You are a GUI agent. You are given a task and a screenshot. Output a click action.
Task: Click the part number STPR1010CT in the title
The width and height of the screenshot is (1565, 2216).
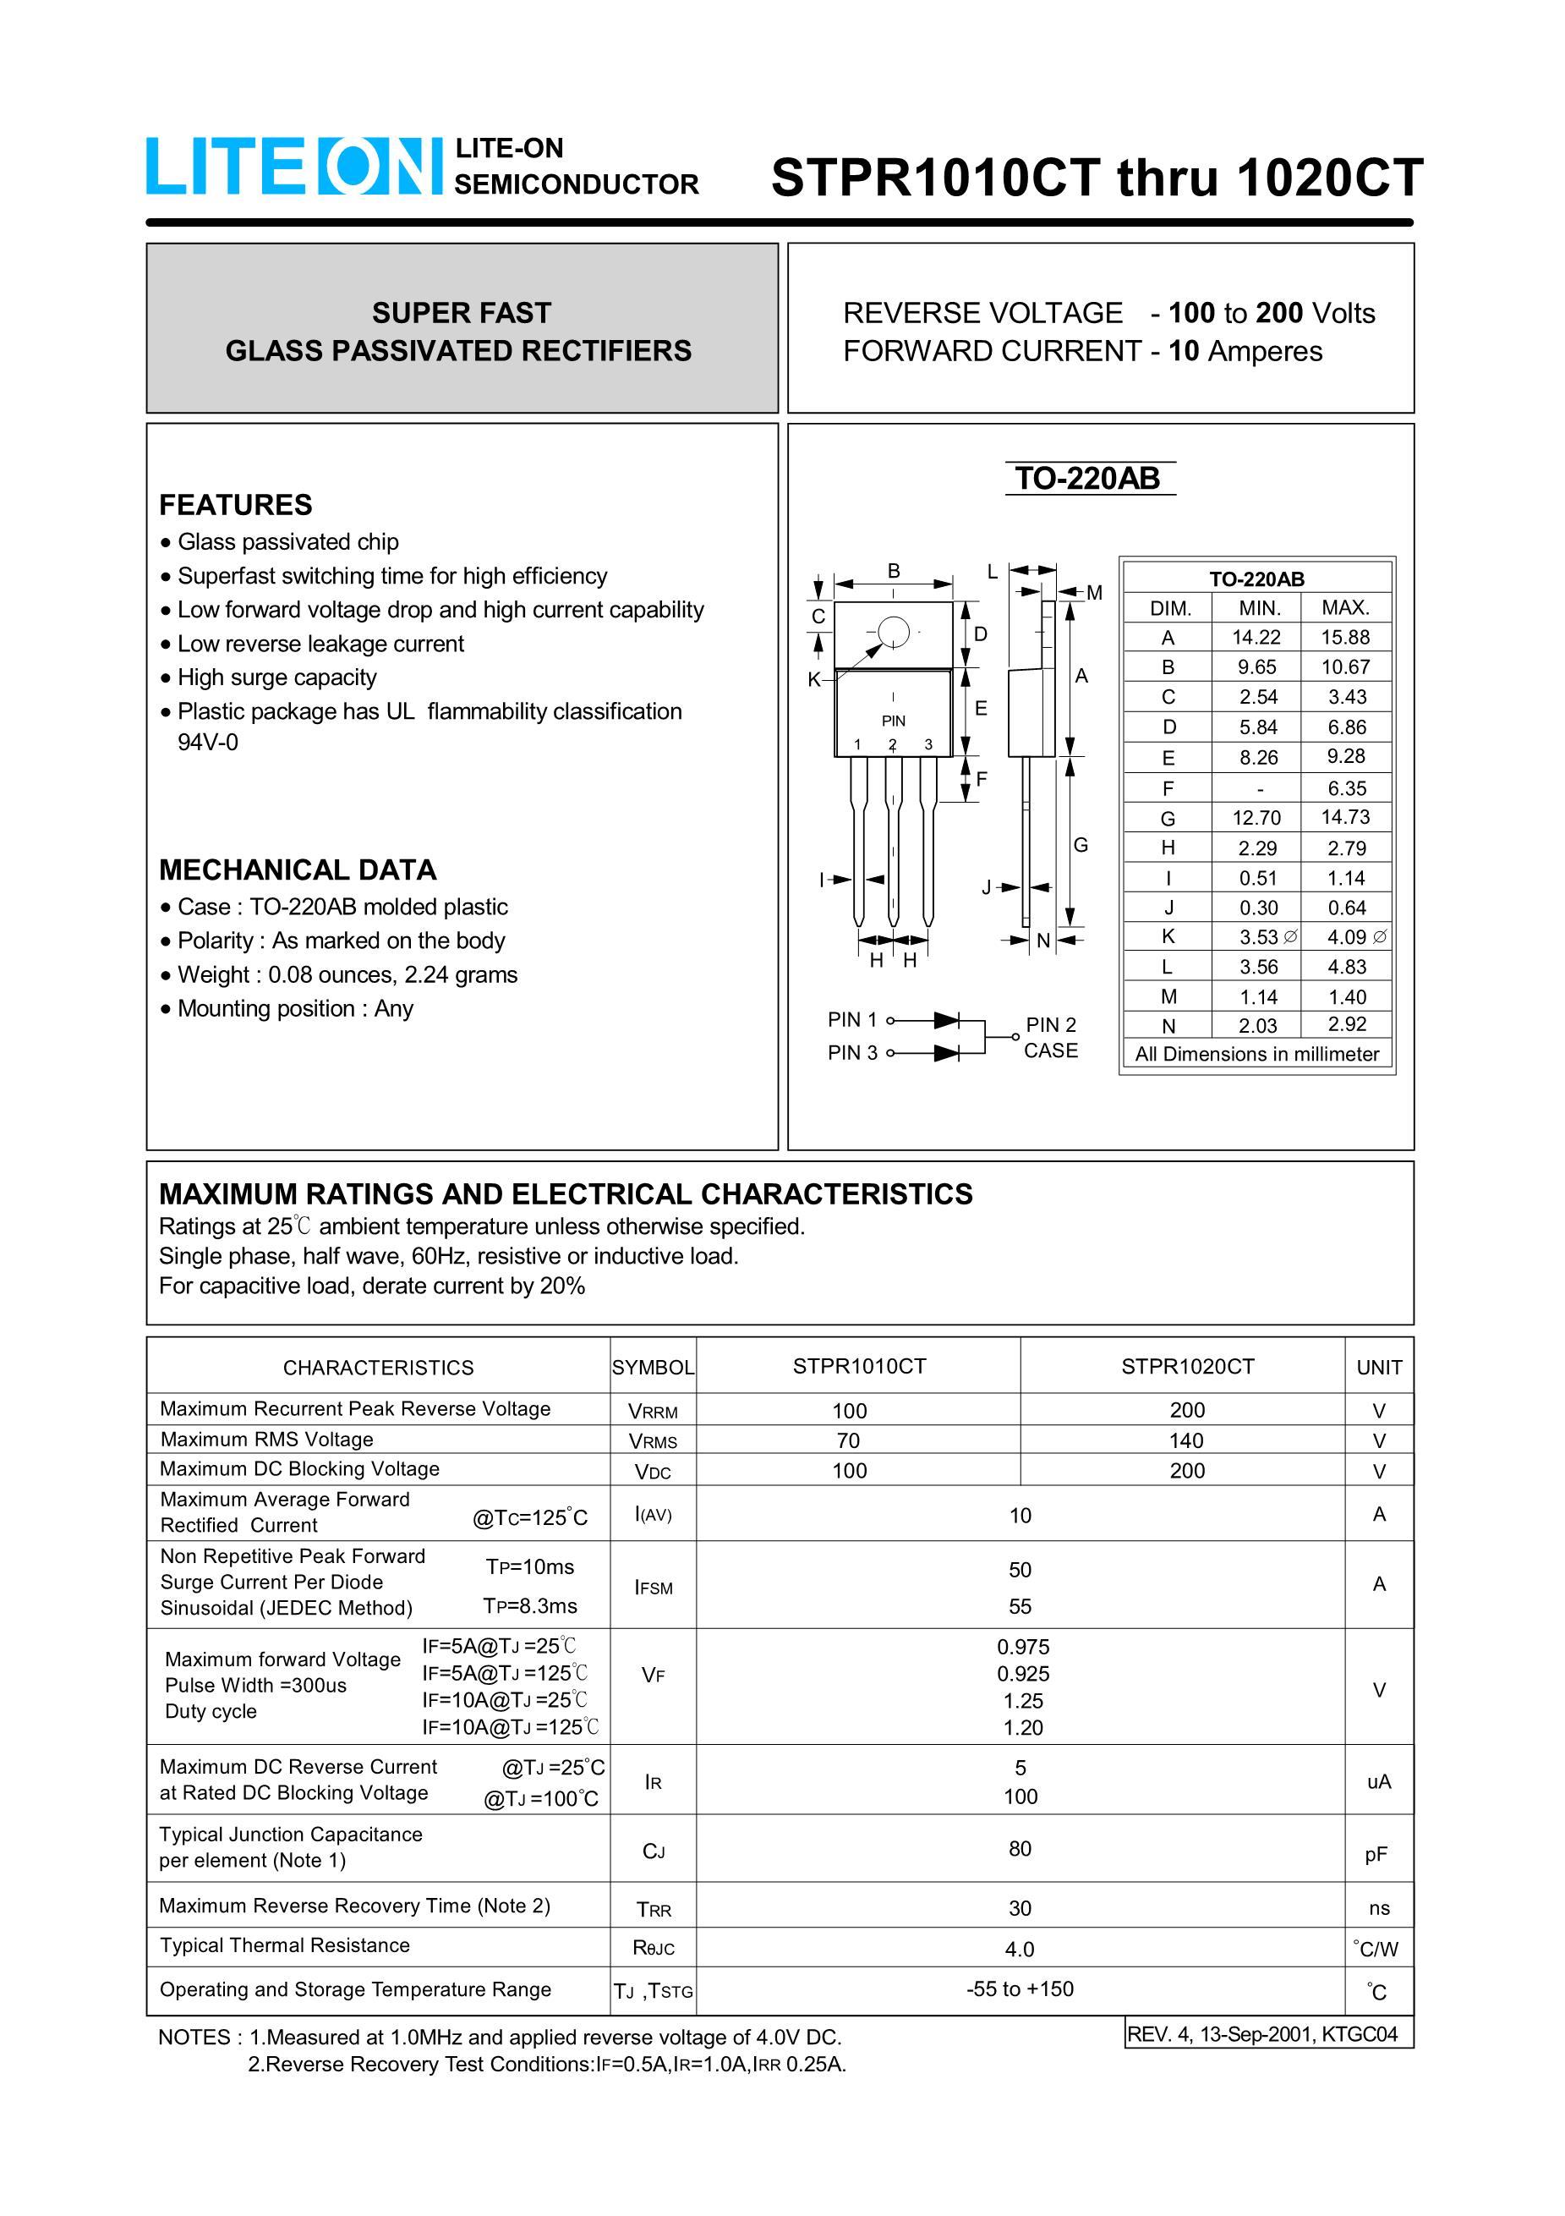[935, 178]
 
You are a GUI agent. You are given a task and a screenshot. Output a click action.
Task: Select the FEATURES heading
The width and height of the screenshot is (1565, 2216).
[235, 505]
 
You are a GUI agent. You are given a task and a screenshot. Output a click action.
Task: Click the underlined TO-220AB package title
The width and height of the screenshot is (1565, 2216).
[1087, 479]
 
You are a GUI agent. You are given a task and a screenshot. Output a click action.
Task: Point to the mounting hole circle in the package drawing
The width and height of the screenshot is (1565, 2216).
[894, 632]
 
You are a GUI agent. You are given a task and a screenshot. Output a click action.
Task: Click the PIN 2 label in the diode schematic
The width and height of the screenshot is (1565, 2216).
[1051, 1024]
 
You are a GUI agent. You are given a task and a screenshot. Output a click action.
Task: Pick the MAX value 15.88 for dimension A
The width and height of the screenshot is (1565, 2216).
[1345, 637]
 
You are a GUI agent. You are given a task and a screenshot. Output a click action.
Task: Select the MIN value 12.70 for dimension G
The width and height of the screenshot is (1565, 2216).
[1256, 818]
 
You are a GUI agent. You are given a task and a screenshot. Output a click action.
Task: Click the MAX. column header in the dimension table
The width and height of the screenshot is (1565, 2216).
[1345, 607]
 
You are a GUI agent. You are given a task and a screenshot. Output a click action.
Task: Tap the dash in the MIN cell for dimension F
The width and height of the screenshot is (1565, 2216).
[1259, 788]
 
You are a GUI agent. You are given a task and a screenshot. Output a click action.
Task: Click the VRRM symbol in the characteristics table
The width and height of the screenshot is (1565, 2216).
[654, 1411]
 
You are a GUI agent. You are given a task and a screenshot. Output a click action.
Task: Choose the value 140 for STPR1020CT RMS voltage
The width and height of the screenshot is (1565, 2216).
[1186, 1440]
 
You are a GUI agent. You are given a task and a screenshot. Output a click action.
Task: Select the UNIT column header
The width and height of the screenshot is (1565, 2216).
[1379, 1367]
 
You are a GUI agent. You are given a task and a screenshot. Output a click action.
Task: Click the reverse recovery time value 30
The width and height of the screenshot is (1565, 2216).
[1020, 1908]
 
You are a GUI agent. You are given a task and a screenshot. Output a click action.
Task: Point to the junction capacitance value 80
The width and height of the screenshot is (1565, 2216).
[1020, 1848]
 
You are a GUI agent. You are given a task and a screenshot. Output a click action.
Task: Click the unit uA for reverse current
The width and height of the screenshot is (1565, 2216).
[1379, 1781]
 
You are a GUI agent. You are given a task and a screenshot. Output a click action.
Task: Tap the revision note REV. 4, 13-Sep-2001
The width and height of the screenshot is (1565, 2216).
[1262, 2034]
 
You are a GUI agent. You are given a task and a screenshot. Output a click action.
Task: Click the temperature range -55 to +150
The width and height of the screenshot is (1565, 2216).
[1020, 1988]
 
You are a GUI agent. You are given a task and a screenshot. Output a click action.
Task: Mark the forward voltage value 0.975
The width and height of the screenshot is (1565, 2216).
[1023, 1647]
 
